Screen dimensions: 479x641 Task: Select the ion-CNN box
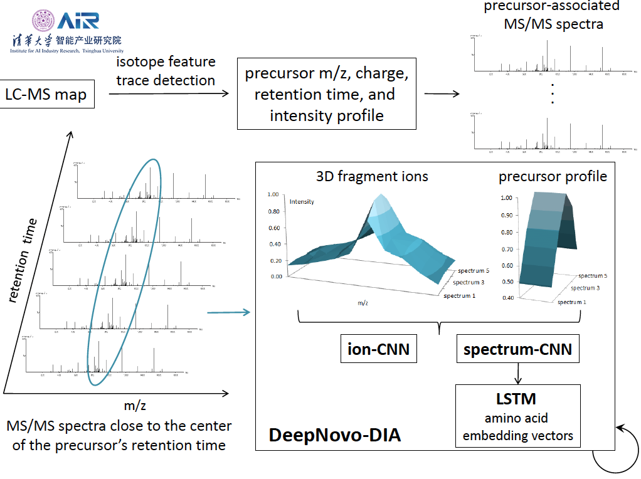pyautogui.click(x=378, y=349)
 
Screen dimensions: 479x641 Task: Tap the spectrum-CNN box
pyautogui.click(x=517, y=349)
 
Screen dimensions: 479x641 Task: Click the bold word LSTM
pyautogui.click(x=517, y=399)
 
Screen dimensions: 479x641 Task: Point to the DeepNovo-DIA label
pyautogui.click(x=334, y=435)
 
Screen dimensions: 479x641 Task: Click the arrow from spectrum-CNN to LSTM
pyautogui.click(x=518, y=374)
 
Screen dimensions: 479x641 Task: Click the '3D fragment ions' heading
pyautogui.click(x=372, y=177)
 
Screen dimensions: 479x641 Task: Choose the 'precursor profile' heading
pyautogui.click(x=553, y=177)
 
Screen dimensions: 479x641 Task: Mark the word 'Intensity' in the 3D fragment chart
pyautogui.click(x=302, y=201)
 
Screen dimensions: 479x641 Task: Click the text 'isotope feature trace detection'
pyautogui.click(x=166, y=71)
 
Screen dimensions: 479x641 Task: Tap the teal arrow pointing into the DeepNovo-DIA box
pyautogui.click(x=228, y=312)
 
